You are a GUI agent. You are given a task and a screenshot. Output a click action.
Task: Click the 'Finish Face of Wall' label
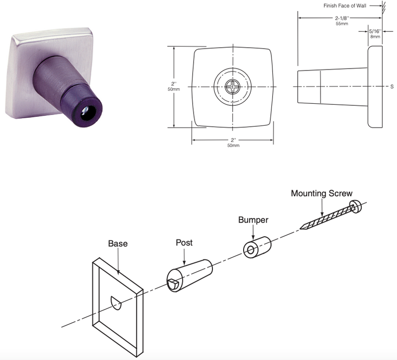344,5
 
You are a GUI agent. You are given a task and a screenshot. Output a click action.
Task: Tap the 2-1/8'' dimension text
342,18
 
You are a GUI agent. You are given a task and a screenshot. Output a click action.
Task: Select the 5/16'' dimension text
375,31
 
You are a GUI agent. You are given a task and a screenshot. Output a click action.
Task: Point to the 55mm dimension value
342,24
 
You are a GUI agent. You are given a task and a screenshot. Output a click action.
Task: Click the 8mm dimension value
375,37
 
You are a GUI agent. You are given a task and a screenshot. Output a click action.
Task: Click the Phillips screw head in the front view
233,86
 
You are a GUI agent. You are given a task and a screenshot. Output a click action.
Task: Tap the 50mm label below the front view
233,145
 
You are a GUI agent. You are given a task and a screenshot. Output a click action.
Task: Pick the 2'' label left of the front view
174,84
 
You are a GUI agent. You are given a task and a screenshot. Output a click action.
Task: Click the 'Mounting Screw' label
322,193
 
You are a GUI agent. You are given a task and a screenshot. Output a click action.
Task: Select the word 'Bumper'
253,219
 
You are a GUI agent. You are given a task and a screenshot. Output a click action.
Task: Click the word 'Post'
184,242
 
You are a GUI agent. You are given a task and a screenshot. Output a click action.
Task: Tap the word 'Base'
118,243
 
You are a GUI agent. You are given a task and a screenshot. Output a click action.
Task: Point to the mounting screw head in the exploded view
355,206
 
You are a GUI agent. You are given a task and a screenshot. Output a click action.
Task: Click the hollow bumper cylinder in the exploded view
257,247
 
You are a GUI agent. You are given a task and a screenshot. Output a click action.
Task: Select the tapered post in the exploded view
190,276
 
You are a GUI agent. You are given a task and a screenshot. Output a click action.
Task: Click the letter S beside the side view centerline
392,86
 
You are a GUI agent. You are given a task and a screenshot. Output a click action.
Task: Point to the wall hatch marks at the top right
384,7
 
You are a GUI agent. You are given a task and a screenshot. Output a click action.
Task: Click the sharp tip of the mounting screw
300,228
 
